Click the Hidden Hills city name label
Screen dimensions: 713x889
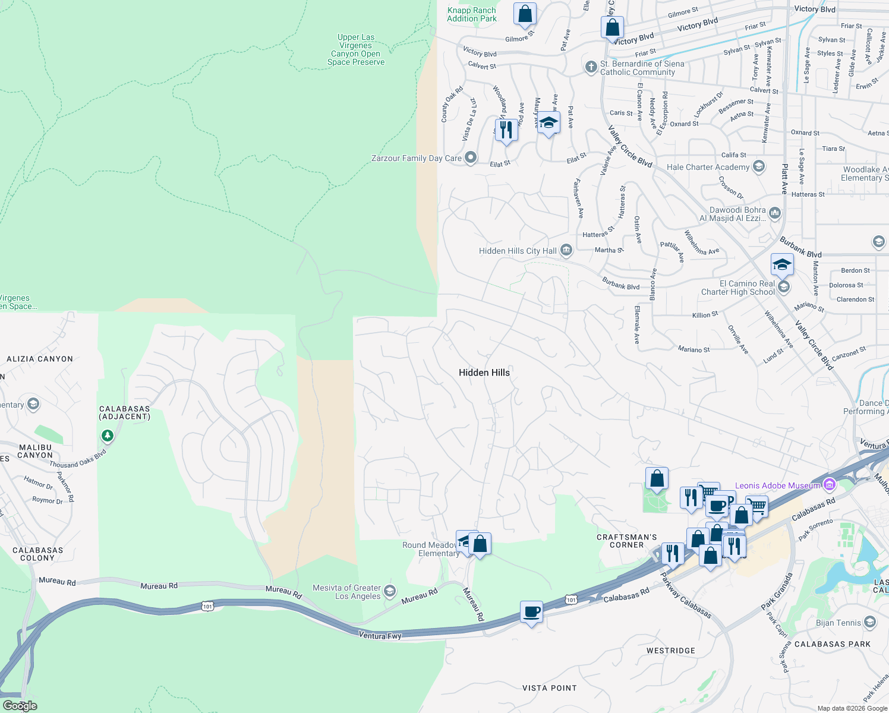pos(484,373)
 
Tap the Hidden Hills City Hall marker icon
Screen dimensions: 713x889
pos(566,251)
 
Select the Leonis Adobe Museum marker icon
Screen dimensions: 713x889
pos(830,485)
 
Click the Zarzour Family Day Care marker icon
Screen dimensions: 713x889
pos(471,158)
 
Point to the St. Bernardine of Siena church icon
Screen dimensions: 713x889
pos(591,67)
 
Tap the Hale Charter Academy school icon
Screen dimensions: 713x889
pos(759,167)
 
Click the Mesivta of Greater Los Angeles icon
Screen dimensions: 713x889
pos(390,591)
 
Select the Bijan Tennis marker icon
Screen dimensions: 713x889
pos(870,623)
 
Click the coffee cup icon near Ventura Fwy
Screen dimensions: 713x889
pos(531,611)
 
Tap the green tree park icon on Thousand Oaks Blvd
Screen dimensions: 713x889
pos(107,436)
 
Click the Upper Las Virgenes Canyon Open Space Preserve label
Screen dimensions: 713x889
pos(355,50)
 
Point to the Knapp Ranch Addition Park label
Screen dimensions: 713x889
pos(472,14)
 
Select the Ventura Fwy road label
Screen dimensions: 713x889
pos(380,636)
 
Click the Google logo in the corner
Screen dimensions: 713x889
pos(20,706)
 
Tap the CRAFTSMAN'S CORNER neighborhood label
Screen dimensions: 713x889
pos(626,541)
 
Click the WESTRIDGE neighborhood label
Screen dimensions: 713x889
pos(670,651)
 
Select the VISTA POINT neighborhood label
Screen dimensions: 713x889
pos(549,688)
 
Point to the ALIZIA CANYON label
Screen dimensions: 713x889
pos(40,359)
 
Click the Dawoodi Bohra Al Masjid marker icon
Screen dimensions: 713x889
pos(774,213)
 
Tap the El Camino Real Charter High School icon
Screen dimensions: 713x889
pos(784,288)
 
